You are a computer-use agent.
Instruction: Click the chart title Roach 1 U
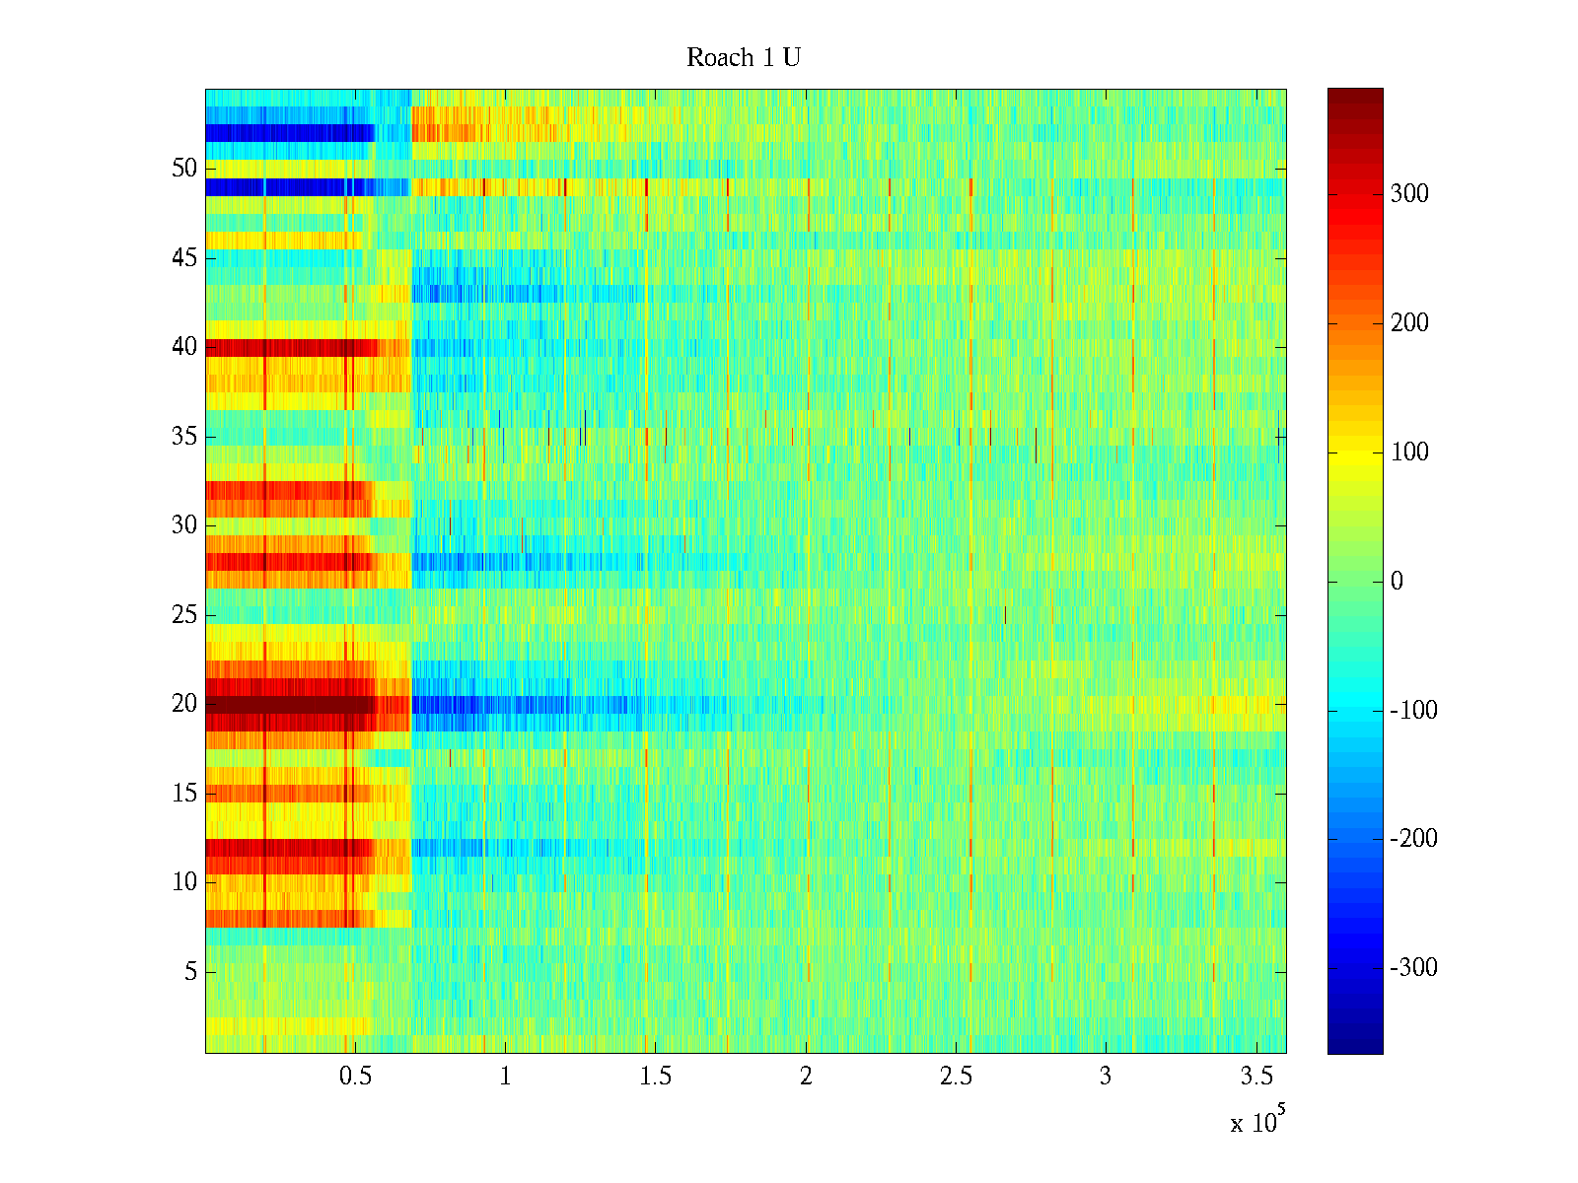coord(743,58)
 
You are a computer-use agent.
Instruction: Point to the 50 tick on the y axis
coord(184,169)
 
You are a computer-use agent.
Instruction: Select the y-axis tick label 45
coord(184,258)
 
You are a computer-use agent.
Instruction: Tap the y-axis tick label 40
coord(184,347)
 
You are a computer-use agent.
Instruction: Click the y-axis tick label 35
coord(184,437)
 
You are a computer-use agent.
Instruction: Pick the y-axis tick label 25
coord(184,615)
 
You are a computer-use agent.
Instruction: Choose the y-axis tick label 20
coord(184,704)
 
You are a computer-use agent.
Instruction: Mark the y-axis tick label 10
coord(184,882)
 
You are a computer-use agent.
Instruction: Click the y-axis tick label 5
coord(190,972)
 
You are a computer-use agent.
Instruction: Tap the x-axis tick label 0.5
coord(355,1077)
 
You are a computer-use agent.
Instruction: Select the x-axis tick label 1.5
coord(656,1077)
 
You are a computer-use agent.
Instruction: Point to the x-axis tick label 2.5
coord(956,1077)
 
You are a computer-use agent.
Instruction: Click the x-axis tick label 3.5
coord(1255,1077)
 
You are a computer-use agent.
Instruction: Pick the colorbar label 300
coord(1409,194)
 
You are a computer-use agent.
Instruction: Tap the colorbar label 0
coord(1397,582)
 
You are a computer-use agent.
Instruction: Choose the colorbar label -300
coord(1414,968)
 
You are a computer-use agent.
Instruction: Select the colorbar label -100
coord(1414,711)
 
